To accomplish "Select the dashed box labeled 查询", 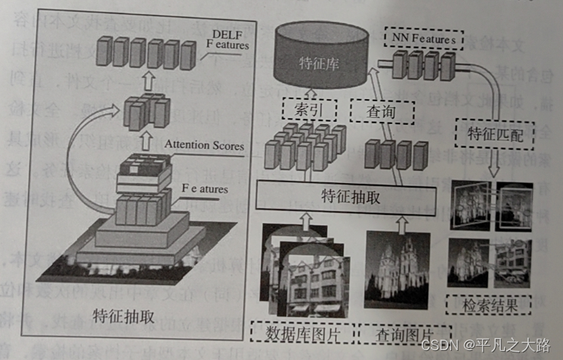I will click(x=382, y=113).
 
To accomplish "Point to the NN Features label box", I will click(x=422, y=36).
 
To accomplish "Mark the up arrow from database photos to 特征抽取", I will click(x=305, y=220).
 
